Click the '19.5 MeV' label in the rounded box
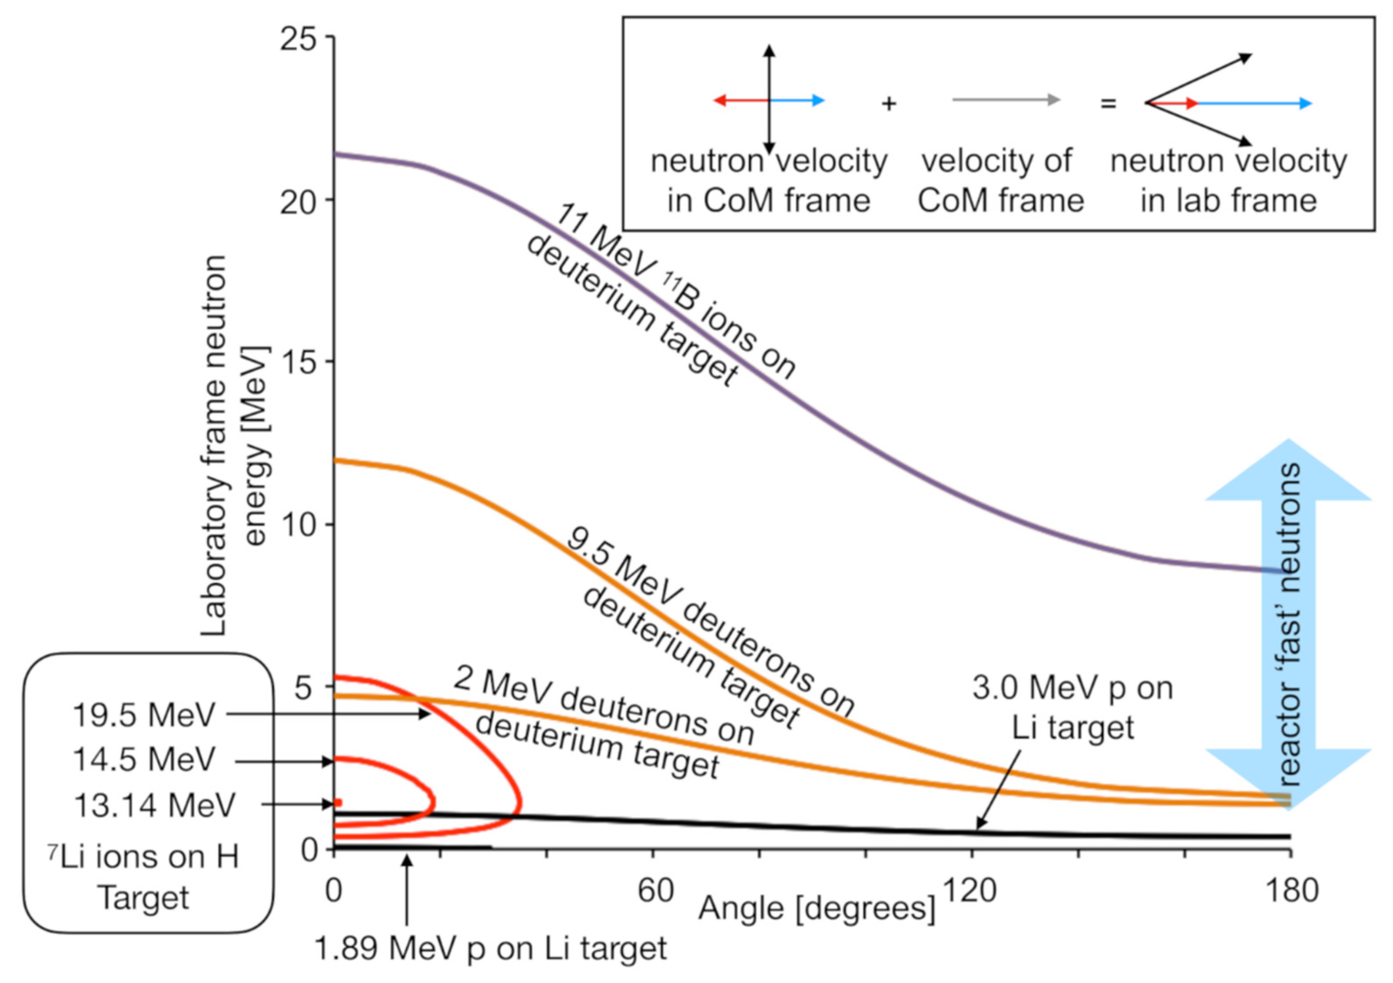tap(144, 715)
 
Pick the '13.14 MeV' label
tap(154, 805)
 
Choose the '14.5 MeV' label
tap(144, 759)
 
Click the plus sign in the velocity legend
tap(889, 104)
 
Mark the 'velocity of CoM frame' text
tap(1000, 181)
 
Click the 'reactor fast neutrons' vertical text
tap(1289, 625)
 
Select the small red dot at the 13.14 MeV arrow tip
tap(338, 803)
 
